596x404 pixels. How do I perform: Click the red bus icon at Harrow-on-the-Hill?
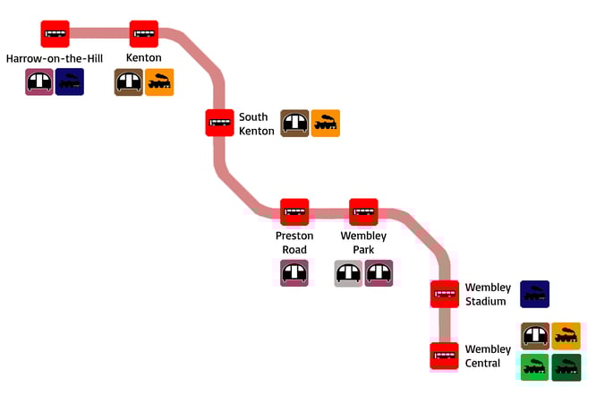[55, 34]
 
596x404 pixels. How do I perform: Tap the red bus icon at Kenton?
[143, 34]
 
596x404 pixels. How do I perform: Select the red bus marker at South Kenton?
[219, 123]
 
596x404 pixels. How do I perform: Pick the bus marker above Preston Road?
[294, 212]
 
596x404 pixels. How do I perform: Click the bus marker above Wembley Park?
[363, 212]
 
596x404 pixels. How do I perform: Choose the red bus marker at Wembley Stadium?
[445, 294]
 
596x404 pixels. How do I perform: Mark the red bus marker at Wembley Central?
[445, 356]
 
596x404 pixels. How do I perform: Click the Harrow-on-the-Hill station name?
[55, 58]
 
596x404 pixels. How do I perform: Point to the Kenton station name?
[143, 58]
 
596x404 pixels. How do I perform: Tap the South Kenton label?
[257, 124]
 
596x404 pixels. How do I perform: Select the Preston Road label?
[294, 243]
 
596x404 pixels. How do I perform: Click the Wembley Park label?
[363, 243]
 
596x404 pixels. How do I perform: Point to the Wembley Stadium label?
[488, 295]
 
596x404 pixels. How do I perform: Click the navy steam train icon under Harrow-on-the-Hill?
[70, 82]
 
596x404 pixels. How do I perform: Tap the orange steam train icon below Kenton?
[159, 82]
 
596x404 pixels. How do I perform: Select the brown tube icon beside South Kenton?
[294, 124]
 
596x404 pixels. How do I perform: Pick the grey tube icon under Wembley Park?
[348, 273]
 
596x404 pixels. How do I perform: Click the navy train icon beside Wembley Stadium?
[535, 294]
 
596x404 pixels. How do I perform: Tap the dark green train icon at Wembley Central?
[566, 367]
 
